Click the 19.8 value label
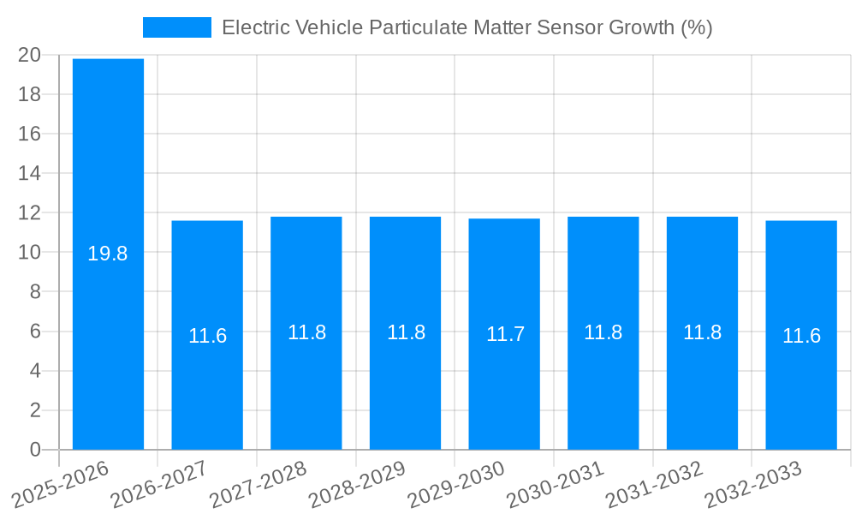(108, 254)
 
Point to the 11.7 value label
(504, 335)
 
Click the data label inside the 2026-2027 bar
(207, 336)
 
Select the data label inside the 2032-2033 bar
(801, 336)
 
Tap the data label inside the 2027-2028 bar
(306, 332)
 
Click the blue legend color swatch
(176, 27)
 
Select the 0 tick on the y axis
(35, 450)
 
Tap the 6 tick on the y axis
(35, 332)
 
